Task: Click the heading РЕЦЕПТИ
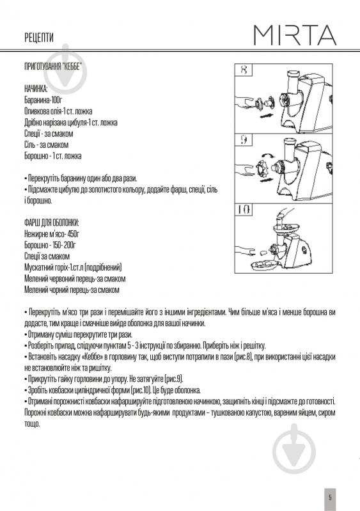pos(38,38)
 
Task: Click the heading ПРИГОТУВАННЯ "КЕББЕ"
pos(54,68)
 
